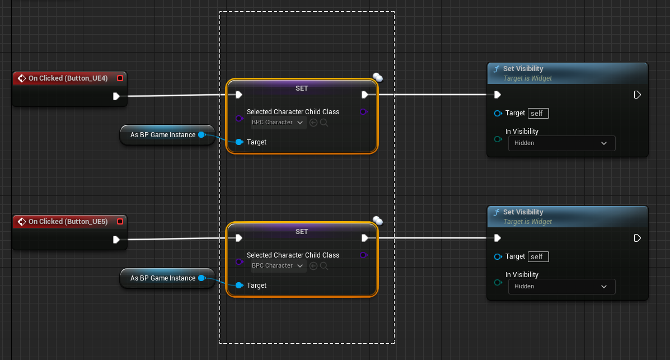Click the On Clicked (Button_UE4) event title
click(68, 78)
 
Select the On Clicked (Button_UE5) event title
click(68, 222)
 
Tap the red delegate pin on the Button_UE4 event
click(120, 78)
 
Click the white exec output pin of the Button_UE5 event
click(116, 240)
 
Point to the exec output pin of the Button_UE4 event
click(116, 96)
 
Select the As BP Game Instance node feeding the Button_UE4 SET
click(162, 135)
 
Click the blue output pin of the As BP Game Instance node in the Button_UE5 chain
click(202, 278)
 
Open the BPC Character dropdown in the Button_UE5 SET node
click(278, 266)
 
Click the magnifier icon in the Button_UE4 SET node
click(324, 123)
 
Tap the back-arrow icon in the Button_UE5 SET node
click(313, 266)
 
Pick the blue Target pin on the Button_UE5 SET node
click(239, 286)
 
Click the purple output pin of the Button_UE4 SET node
click(363, 112)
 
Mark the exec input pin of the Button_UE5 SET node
click(239, 238)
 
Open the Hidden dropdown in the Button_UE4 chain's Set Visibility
click(561, 143)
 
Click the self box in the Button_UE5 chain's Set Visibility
click(538, 257)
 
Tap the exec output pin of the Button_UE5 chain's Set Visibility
click(637, 238)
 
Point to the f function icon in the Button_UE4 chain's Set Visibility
click(496, 69)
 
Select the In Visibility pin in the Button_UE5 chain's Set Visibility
click(498, 282)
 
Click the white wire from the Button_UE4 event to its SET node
click(174, 96)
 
